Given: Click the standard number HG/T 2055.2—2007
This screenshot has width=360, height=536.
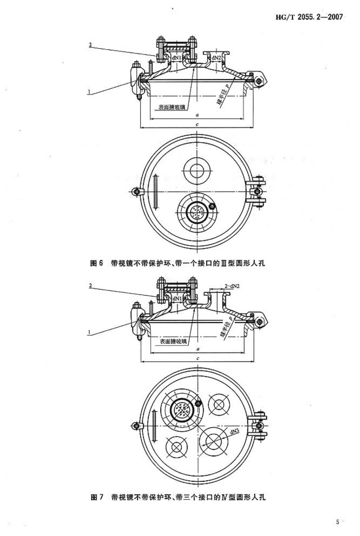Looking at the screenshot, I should tap(309, 17).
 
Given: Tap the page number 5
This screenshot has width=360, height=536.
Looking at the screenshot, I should tap(337, 514).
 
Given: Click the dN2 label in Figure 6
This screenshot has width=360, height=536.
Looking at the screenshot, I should tap(216, 57).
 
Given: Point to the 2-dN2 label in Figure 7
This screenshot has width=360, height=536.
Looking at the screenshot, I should tap(232, 286).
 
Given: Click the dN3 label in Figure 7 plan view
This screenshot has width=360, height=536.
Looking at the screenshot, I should tap(235, 432).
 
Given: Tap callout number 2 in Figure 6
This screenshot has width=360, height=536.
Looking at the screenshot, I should tap(90, 45).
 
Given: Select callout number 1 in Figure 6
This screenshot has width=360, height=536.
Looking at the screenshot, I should tap(89, 92).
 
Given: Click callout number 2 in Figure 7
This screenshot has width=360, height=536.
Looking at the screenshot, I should tap(90, 286).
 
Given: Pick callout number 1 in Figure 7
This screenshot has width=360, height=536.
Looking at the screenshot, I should tap(89, 332).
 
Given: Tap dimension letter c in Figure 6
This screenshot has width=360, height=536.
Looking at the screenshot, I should tap(197, 124).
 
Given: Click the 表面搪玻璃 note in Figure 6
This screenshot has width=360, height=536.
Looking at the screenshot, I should tap(172, 107).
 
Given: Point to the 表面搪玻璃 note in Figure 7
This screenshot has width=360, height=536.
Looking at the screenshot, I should tap(173, 341).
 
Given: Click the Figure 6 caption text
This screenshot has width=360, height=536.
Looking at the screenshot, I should tap(178, 263).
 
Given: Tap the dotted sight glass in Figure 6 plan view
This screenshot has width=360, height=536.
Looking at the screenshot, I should tap(197, 212).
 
